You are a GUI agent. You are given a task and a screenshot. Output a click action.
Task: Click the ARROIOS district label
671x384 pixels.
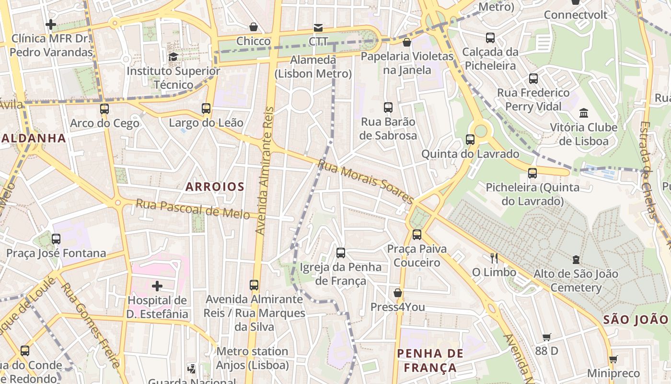click(215, 187)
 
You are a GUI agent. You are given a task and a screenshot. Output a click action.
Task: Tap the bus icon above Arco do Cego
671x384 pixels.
click(104, 109)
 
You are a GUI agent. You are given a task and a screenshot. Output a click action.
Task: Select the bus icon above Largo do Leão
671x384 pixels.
click(206, 108)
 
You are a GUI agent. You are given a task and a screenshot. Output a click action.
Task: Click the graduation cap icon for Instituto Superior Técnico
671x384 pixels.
click(173, 57)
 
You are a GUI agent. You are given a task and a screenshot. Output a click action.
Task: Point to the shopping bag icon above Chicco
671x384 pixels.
click(253, 27)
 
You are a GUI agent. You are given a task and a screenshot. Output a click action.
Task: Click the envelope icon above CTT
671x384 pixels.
click(318, 27)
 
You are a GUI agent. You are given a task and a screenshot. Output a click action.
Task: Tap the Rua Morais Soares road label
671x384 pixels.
click(365, 181)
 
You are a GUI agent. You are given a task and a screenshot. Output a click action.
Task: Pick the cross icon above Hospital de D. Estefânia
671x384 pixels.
click(157, 287)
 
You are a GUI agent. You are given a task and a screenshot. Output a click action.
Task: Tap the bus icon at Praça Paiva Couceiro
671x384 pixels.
click(417, 235)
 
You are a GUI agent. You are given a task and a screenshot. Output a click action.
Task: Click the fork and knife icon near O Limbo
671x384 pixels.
click(494, 258)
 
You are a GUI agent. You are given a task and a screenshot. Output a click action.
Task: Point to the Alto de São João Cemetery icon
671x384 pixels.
click(576, 260)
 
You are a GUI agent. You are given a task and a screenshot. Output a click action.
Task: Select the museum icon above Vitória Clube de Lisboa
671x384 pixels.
click(584, 113)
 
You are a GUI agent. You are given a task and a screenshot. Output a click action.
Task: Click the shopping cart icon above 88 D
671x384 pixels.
click(546, 337)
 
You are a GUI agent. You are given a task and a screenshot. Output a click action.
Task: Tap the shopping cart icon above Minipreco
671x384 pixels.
click(613, 359)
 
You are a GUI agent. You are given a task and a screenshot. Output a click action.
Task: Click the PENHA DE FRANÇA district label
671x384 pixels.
click(430, 360)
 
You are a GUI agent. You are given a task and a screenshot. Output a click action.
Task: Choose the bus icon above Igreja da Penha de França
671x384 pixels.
click(341, 253)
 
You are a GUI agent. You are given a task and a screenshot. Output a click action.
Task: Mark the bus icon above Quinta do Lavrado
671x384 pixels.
click(470, 140)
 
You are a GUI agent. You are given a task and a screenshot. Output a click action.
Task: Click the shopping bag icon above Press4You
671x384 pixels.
click(397, 293)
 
